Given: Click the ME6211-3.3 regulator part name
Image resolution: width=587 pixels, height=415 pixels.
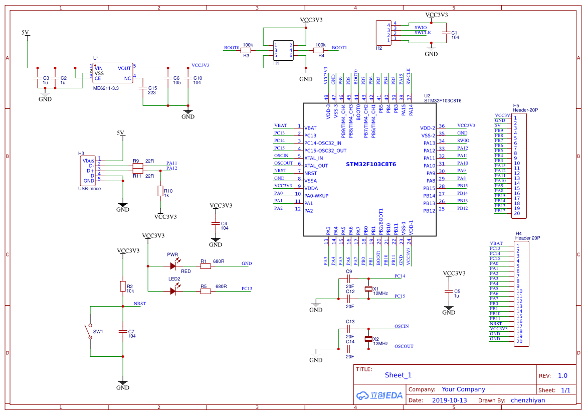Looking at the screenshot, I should [x=106, y=88].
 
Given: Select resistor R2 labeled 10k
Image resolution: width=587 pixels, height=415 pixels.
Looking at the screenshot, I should [x=123, y=286].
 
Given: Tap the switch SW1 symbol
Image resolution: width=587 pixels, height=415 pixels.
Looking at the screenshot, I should [x=90, y=331].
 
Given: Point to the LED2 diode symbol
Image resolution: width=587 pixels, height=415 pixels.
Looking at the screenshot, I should [x=173, y=291].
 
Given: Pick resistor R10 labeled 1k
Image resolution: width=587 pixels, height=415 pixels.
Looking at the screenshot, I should [x=160, y=191].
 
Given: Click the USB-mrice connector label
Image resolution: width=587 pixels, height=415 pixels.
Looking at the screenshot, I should [x=89, y=189].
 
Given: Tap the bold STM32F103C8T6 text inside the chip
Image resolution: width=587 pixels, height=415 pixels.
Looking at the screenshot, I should [x=371, y=164].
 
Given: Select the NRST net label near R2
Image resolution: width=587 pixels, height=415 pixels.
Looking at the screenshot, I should [x=140, y=304].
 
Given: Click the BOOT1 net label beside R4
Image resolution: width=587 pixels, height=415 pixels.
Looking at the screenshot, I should [x=339, y=48].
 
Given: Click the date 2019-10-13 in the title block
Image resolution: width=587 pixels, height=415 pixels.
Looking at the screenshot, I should [x=449, y=400].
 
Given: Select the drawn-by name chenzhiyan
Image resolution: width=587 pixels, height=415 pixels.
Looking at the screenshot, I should [x=528, y=400].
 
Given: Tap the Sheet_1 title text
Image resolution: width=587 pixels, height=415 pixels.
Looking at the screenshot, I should [x=398, y=375].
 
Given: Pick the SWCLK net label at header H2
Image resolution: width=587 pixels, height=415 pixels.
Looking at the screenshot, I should [x=423, y=33].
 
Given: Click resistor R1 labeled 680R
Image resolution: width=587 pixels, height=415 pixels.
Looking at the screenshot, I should [x=206, y=266].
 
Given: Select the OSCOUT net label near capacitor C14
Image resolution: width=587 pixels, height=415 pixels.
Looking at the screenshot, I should [x=404, y=346].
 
